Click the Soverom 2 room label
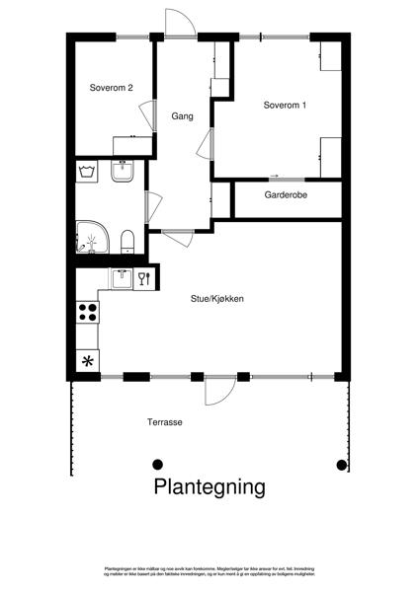(111, 86)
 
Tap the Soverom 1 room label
(285, 105)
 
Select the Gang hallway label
(181, 115)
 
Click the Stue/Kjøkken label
(217, 298)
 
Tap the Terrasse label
(165, 421)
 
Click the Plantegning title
(209, 486)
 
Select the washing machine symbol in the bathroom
(86, 173)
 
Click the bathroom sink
(124, 172)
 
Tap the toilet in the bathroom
(126, 240)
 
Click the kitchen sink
(123, 277)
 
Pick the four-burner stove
(88, 313)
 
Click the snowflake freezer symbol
(87, 359)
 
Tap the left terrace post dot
(157, 464)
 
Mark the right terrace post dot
(342, 464)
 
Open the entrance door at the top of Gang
(181, 25)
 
